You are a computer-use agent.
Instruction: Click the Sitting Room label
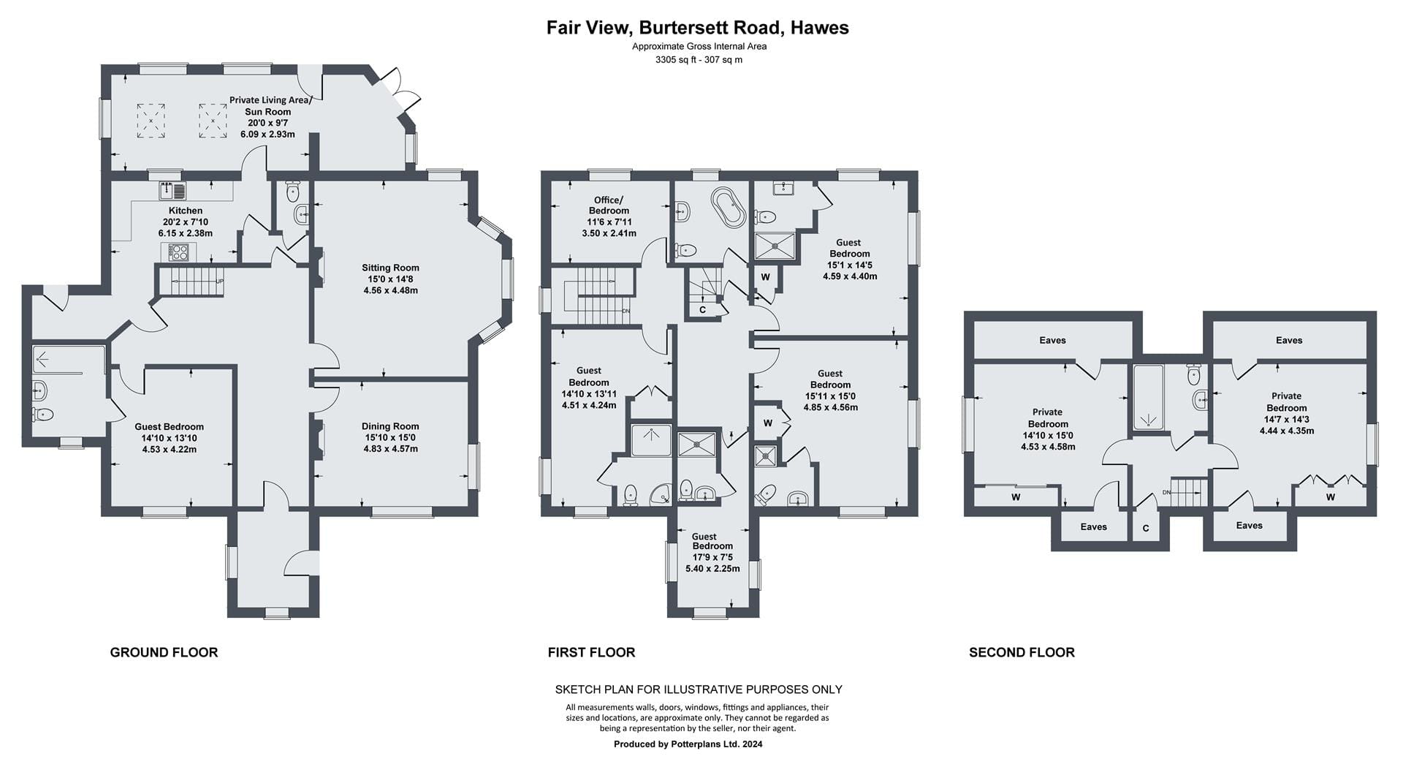click(x=390, y=268)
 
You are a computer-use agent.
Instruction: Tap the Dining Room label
click(x=390, y=426)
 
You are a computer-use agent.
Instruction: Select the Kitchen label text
click(x=186, y=211)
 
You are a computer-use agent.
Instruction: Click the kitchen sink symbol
click(x=172, y=190)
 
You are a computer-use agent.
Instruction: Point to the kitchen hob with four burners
click(x=178, y=252)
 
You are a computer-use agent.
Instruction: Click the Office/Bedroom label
click(x=609, y=205)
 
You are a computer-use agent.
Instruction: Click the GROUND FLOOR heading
click(x=164, y=652)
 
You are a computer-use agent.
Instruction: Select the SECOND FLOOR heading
click(x=1022, y=652)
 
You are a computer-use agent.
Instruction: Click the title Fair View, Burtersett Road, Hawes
click(x=698, y=28)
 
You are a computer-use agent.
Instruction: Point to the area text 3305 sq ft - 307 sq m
click(x=699, y=60)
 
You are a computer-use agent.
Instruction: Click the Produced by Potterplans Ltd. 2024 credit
click(x=688, y=744)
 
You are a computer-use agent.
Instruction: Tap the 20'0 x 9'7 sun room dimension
click(x=268, y=124)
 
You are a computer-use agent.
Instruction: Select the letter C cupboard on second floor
click(x=1146, y=529)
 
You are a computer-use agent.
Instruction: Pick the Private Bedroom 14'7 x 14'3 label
click(x=1287, y=413)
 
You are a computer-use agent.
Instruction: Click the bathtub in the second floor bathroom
click(x=1147, y=397)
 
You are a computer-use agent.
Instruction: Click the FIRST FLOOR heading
click(x=591, y=652)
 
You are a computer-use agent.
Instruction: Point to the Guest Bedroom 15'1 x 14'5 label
click(x=849, y=260)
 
